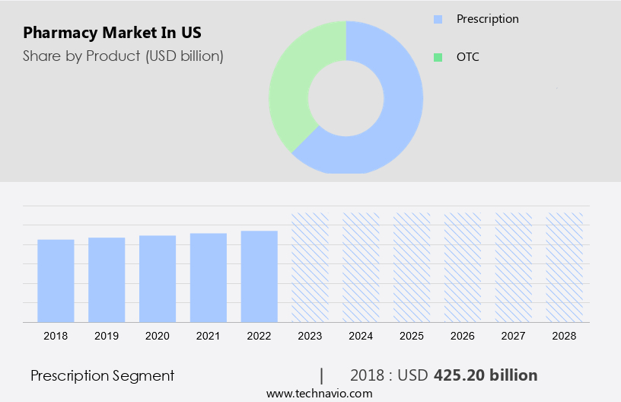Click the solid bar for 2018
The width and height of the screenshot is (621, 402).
[x=56, y=280]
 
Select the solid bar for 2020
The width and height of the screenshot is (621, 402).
[x=158, y=278]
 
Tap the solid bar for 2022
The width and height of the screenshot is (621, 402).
[x=260, y=276]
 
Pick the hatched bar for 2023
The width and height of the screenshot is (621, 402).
[x=310, y=266]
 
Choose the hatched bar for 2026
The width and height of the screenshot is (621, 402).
[x=463, y=266]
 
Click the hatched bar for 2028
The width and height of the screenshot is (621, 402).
[x=565, y=266]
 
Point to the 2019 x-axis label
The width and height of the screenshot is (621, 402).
[x=107, y=336]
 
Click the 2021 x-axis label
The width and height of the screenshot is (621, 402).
[x=209, y=336]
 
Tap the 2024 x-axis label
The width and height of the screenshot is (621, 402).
[x=361, y=336]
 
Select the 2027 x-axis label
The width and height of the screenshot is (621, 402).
[x=514, y=336]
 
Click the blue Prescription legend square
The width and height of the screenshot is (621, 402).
[x=438, y=19]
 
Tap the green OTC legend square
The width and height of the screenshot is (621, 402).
[x=438, y=57]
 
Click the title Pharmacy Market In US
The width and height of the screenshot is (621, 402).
[x=113, y=33]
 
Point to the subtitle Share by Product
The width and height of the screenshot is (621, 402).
[x=123, y=56]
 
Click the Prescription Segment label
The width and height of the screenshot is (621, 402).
[x=102, y=375]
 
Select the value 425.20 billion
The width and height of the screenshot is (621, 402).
[x=486, y=375]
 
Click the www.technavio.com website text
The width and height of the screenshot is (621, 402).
[x=320, y=394]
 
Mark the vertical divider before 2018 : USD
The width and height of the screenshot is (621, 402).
[x=322, y=375]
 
